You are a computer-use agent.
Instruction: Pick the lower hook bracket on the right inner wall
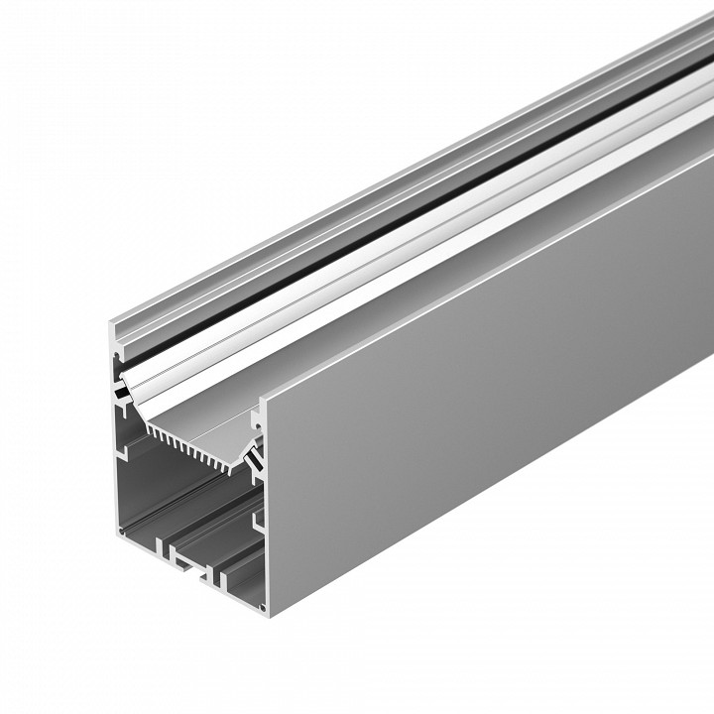click(x=256, y=517)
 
